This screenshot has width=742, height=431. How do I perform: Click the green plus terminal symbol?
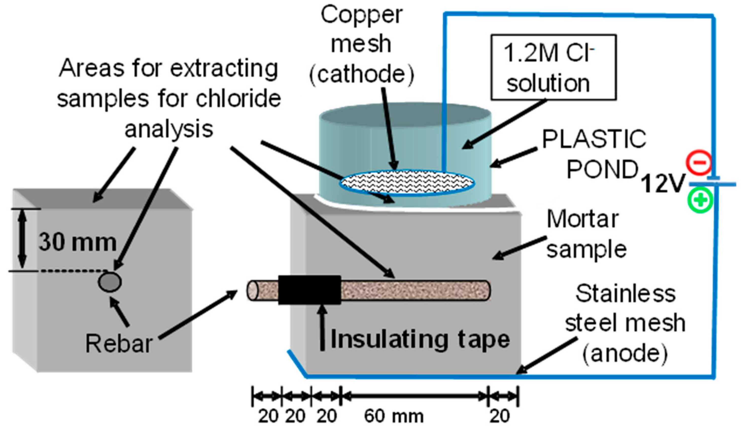700,200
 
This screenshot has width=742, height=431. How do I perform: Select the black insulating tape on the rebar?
309,290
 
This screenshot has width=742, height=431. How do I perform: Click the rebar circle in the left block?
110,282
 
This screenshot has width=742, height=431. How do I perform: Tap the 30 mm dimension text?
78,243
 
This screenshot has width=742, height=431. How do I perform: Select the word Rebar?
119,343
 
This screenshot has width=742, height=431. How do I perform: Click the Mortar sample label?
586,234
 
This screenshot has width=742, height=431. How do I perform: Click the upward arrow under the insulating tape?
323,327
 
